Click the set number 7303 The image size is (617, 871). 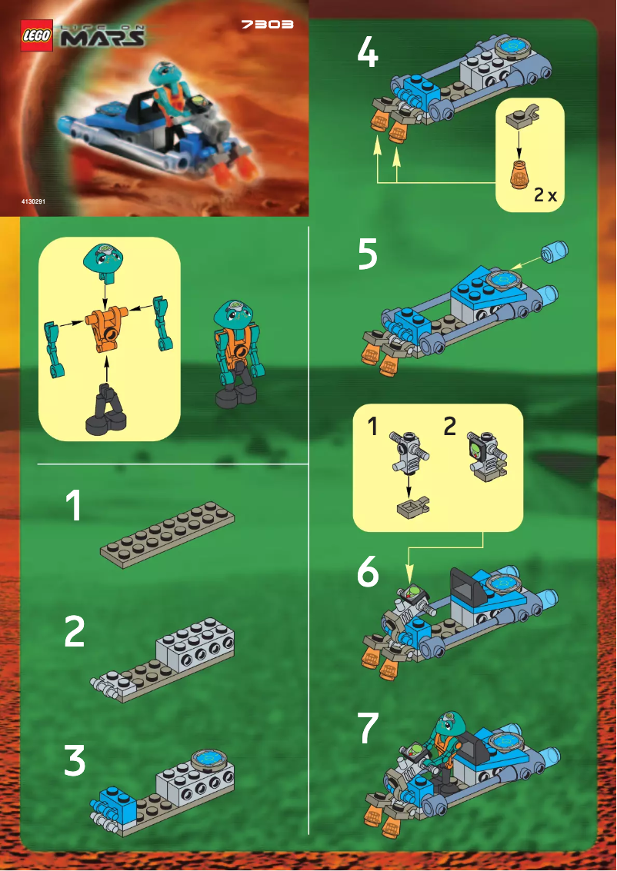click(267, 25)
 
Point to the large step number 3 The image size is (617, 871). click(75, 760)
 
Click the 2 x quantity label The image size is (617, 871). click(545, 195)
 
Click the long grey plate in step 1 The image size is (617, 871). click(167, 534)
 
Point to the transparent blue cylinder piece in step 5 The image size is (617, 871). click(555, 251)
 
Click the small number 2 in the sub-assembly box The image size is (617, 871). click(450, 427)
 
